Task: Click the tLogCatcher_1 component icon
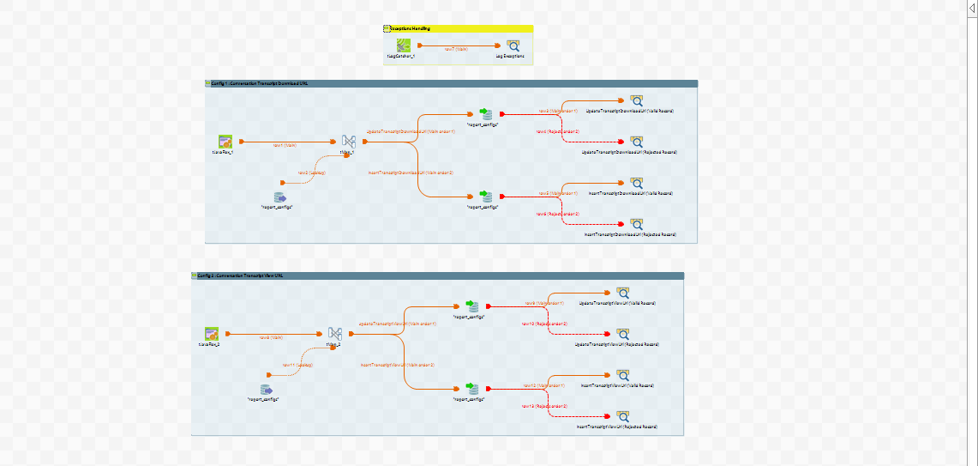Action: [x=403, y=45]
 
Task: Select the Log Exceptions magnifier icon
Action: [x=513, y=45]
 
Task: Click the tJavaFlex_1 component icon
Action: [x=225, y=142]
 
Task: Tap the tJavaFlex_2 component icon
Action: [x=212, y=334]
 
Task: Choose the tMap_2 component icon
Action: [x=335, y=334]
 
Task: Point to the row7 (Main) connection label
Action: [x=456, y=49]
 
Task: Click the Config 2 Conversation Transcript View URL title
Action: [x=241, y=275]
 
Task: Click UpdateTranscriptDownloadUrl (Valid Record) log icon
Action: [x=636, y=100]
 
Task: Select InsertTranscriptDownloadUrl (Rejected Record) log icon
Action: [x=636, y=224]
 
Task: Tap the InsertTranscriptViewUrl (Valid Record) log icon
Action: [x=622, y=375]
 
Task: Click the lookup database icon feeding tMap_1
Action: [x=279, y=197]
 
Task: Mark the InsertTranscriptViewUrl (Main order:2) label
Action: [x=397, y=365]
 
